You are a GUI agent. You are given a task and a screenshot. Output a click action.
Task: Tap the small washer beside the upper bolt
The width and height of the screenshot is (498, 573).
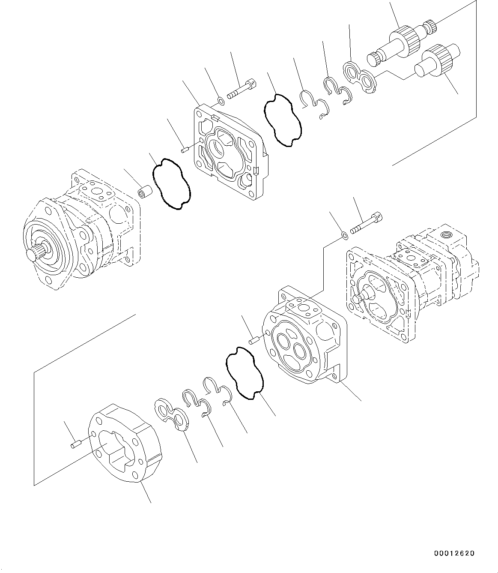pyautogui.click(x=221, y=101)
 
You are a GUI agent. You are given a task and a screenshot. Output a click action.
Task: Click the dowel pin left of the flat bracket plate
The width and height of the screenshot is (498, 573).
pyautogui.click(x=185, y=149)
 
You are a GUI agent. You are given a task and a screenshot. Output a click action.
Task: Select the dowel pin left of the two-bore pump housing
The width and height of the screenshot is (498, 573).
pyautogui.click(x=252, y=341)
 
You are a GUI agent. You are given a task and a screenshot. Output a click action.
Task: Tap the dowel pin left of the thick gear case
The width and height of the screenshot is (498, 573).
pyautogui.click(x=75, y=446)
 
